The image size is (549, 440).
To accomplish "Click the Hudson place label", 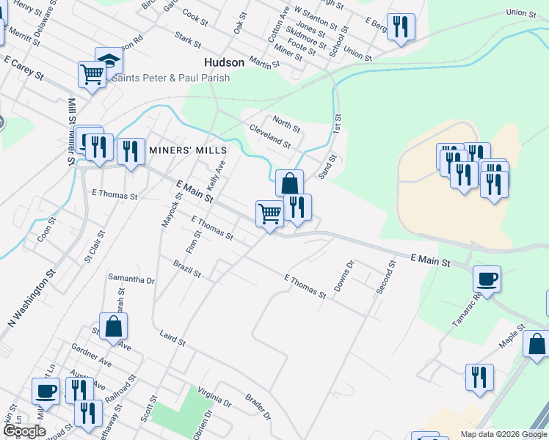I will pos(224,63).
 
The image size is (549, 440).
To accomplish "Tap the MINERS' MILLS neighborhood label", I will pos(188,150).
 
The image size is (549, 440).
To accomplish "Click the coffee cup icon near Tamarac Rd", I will pos(487,279).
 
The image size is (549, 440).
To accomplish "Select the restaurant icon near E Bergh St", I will pos(401,28).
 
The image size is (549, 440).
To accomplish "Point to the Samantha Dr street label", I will pos(131,279).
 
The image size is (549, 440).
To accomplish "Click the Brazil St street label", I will pos(186,268).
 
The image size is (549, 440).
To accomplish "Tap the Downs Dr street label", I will pos(343,276).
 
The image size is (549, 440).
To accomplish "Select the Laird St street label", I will pos(172,338).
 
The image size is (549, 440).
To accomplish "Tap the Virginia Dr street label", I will pos(214,398).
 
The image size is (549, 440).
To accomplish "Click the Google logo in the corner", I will pos(24,431).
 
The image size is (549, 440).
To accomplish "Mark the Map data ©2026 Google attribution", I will pos(503,434).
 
